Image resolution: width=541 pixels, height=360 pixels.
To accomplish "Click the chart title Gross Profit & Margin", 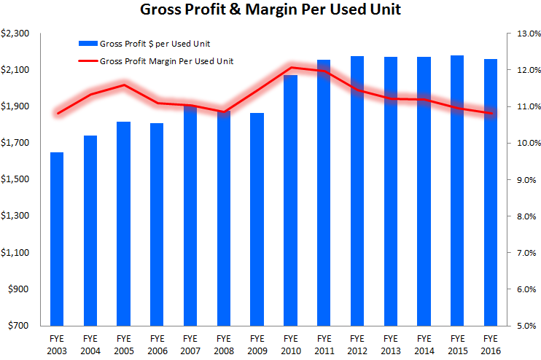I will [x=269, y=11].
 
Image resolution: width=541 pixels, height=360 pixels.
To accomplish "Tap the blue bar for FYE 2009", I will [x=256, y=219].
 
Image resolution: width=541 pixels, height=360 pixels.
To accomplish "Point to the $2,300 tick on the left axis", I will [x=15, y=34].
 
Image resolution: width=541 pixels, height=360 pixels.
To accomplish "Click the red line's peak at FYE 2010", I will [x=290, y=68].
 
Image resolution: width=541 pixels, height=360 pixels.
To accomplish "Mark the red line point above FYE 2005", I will [x=123, y=85].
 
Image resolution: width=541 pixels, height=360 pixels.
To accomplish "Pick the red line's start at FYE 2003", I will [x=57, y=113].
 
